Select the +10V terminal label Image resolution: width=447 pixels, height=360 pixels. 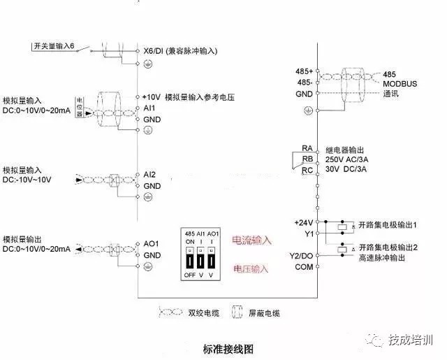[x=151, y=97]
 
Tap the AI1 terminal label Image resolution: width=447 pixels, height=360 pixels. [x=149, y=108]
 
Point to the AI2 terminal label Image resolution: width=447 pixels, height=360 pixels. [x=149, y=175]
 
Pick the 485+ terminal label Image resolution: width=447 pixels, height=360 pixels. [x=304, y=73]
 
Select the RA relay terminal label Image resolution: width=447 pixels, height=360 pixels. [x=307, y=148]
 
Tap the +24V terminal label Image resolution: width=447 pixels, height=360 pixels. [x=303, y=222]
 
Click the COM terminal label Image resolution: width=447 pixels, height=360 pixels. [x=304, y=267]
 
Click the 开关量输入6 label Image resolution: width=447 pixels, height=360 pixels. [x=54, y=46]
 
